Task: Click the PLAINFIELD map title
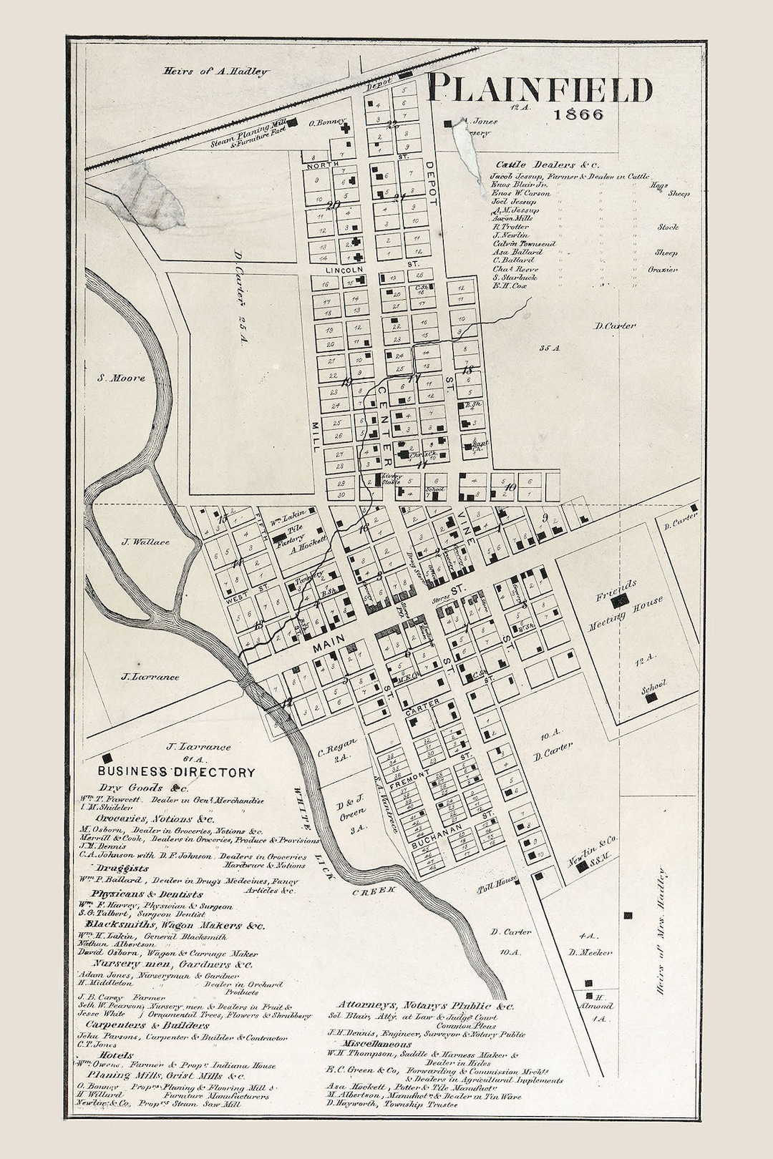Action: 540,90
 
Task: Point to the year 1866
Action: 578,114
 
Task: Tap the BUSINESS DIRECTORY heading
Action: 176,772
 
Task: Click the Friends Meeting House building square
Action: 620,601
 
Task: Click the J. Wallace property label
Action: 145,542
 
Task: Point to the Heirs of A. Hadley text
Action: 215,71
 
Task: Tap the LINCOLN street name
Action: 344,270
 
